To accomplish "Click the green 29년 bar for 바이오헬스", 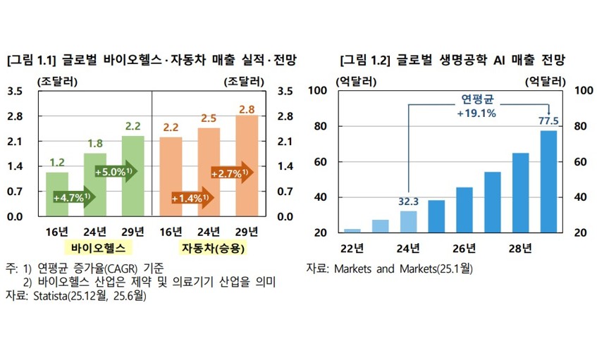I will (x=133, y=175).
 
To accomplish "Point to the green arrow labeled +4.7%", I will (x=73, y=198).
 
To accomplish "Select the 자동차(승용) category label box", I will (x=209, y=247).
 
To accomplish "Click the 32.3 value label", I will (x=409, y=201).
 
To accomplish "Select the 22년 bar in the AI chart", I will (x=352, y=230).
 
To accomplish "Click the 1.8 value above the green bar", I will (x=94, y=144).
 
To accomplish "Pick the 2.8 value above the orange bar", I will (x=247, y=109).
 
